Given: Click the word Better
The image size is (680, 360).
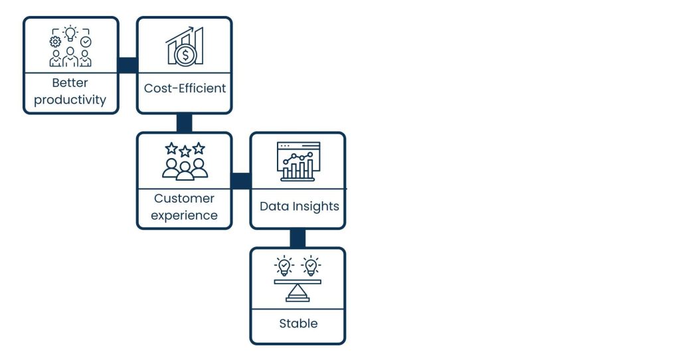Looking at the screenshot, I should point(70,83).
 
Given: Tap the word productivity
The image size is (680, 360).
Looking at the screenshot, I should point(70,100).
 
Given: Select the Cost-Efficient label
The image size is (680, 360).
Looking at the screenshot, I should point(185,88).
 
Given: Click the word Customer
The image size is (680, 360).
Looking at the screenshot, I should point(184,198).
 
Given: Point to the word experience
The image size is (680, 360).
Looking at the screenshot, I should point(184,215).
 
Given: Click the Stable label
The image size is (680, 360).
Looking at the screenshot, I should point(298,323).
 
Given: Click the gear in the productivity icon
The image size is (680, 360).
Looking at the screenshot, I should point(55,41).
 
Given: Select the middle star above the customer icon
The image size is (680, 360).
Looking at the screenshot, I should point(185,151).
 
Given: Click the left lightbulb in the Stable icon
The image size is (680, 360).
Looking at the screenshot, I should point(284,266).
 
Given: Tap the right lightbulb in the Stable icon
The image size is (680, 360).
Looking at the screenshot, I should point(310,266).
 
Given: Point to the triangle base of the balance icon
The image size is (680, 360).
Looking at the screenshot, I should point(297,293).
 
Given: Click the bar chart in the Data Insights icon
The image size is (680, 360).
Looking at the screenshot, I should point(298,169).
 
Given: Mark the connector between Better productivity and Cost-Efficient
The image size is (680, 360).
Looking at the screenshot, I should point(127,65).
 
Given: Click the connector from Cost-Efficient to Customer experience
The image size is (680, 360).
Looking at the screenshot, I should point(184,123).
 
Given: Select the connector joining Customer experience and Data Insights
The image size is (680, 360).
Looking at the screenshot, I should point(241,181).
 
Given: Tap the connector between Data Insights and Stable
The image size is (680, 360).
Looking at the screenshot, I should point(297,238).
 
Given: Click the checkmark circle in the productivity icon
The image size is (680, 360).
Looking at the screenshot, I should point(86,41).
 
